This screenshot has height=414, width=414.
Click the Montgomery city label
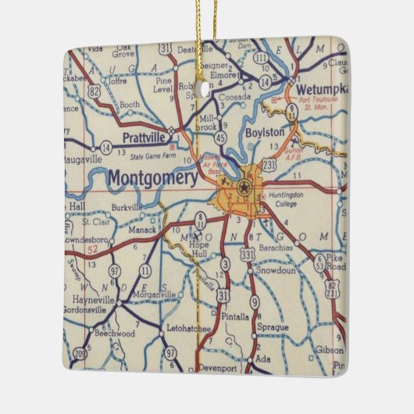[x=152, y=177]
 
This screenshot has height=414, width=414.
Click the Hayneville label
[x=87, y=300]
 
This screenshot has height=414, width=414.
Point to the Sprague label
[x=273, y=327]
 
